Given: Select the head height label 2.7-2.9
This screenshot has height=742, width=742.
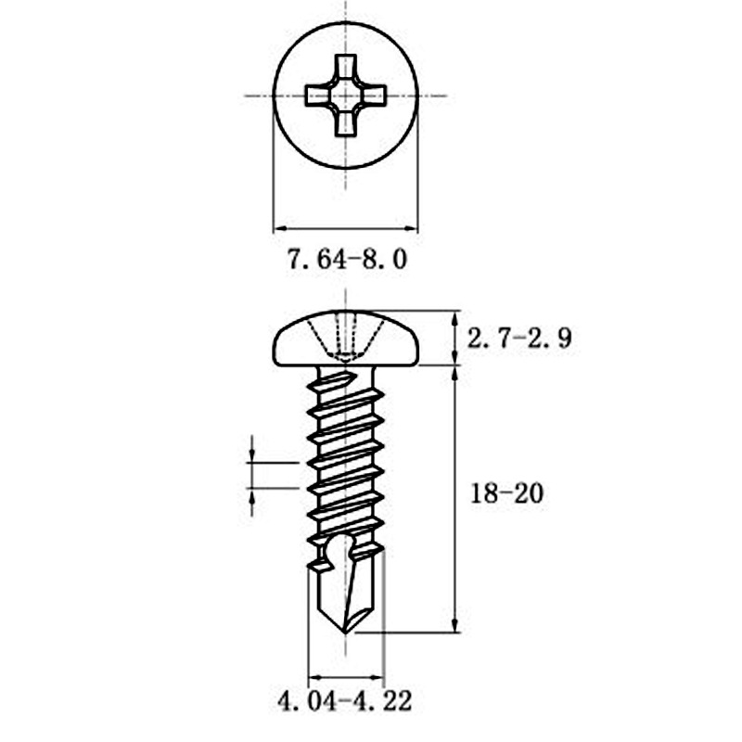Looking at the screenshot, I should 518,339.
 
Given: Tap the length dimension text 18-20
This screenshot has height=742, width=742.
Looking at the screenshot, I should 505,494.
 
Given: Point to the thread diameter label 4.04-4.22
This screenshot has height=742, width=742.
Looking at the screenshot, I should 344,699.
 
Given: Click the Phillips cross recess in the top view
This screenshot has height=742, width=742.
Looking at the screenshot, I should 345,96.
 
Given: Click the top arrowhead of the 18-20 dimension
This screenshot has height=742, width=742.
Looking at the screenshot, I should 454,372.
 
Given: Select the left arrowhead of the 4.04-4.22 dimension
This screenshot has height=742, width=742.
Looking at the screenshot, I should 313,676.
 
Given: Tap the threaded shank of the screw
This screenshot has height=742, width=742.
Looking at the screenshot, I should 345,454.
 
